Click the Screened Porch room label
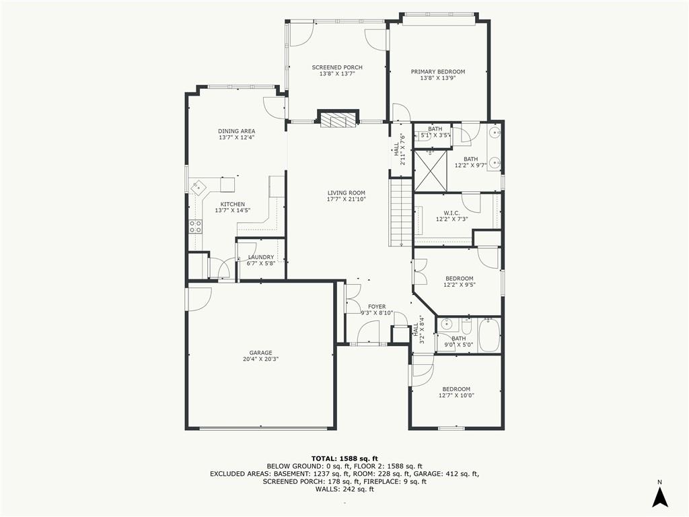337,67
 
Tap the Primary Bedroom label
437,71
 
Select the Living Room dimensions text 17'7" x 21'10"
347,199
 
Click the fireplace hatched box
338,119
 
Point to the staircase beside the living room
400,213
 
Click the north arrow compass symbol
659,497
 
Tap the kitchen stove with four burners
196,226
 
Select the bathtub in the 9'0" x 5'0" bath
488,335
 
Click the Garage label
260,353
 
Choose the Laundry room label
260,257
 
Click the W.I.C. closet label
451,213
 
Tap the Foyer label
377,307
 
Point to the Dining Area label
236,131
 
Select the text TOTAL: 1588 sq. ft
344,458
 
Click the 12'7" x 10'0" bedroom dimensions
456,395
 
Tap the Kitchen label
232,205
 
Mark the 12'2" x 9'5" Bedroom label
459,278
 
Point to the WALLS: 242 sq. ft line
344,489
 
